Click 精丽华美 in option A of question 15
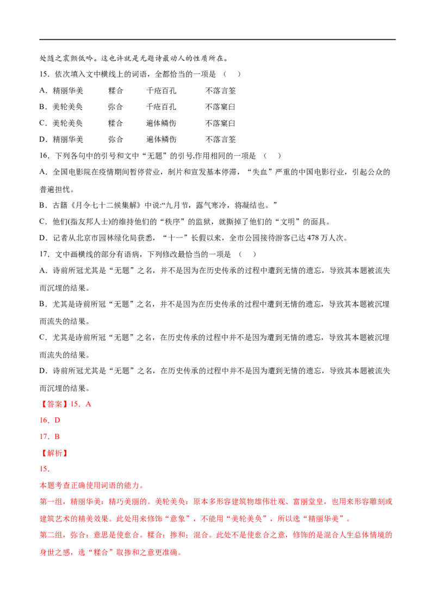pyautogui.click(x=68, y=91)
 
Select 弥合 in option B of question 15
pyautogui.click(x=115, y=106)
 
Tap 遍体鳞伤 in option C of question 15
pyautogui.click(x=161, y=123)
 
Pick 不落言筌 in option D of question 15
pyautogui.click(x=221, y=139)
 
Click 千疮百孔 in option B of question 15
pyautogui.click(x=161, y=106)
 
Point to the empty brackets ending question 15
pyautogui.click(x=232, y=74)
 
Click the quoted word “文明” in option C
pyautogui.click(x=288, y=222)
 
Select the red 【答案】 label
pyautogui.click(x=54, y=404)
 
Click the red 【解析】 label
pyautogui.click(x=54, y=453)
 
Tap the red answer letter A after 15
pyautogui.click(x=88, y=404)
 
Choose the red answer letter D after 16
pyautogui.click(x=57, y=421)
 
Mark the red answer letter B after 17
pyautogui.click(x=57, y=437)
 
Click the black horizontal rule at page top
pyautogui.click(x=217, y=39)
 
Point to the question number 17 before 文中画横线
pyautogui.click(x=43, y=254)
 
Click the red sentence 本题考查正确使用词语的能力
pyautogui.click(x=90, y=486)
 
